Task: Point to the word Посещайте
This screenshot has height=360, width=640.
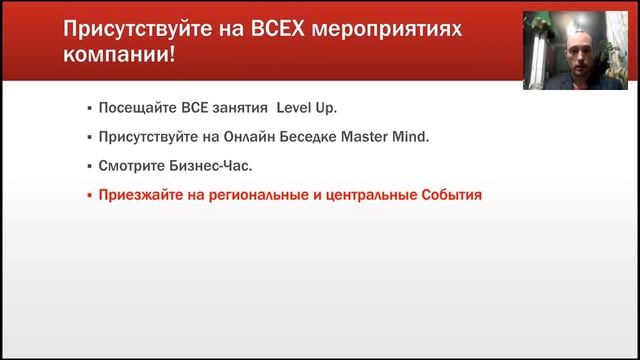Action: click(x=134, y=107)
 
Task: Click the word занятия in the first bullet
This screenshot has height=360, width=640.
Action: click(x=239, y=107)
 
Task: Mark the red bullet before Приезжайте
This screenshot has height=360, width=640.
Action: click(x=89, y=195)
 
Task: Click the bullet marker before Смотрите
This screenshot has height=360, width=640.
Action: click(x=89, y=165)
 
